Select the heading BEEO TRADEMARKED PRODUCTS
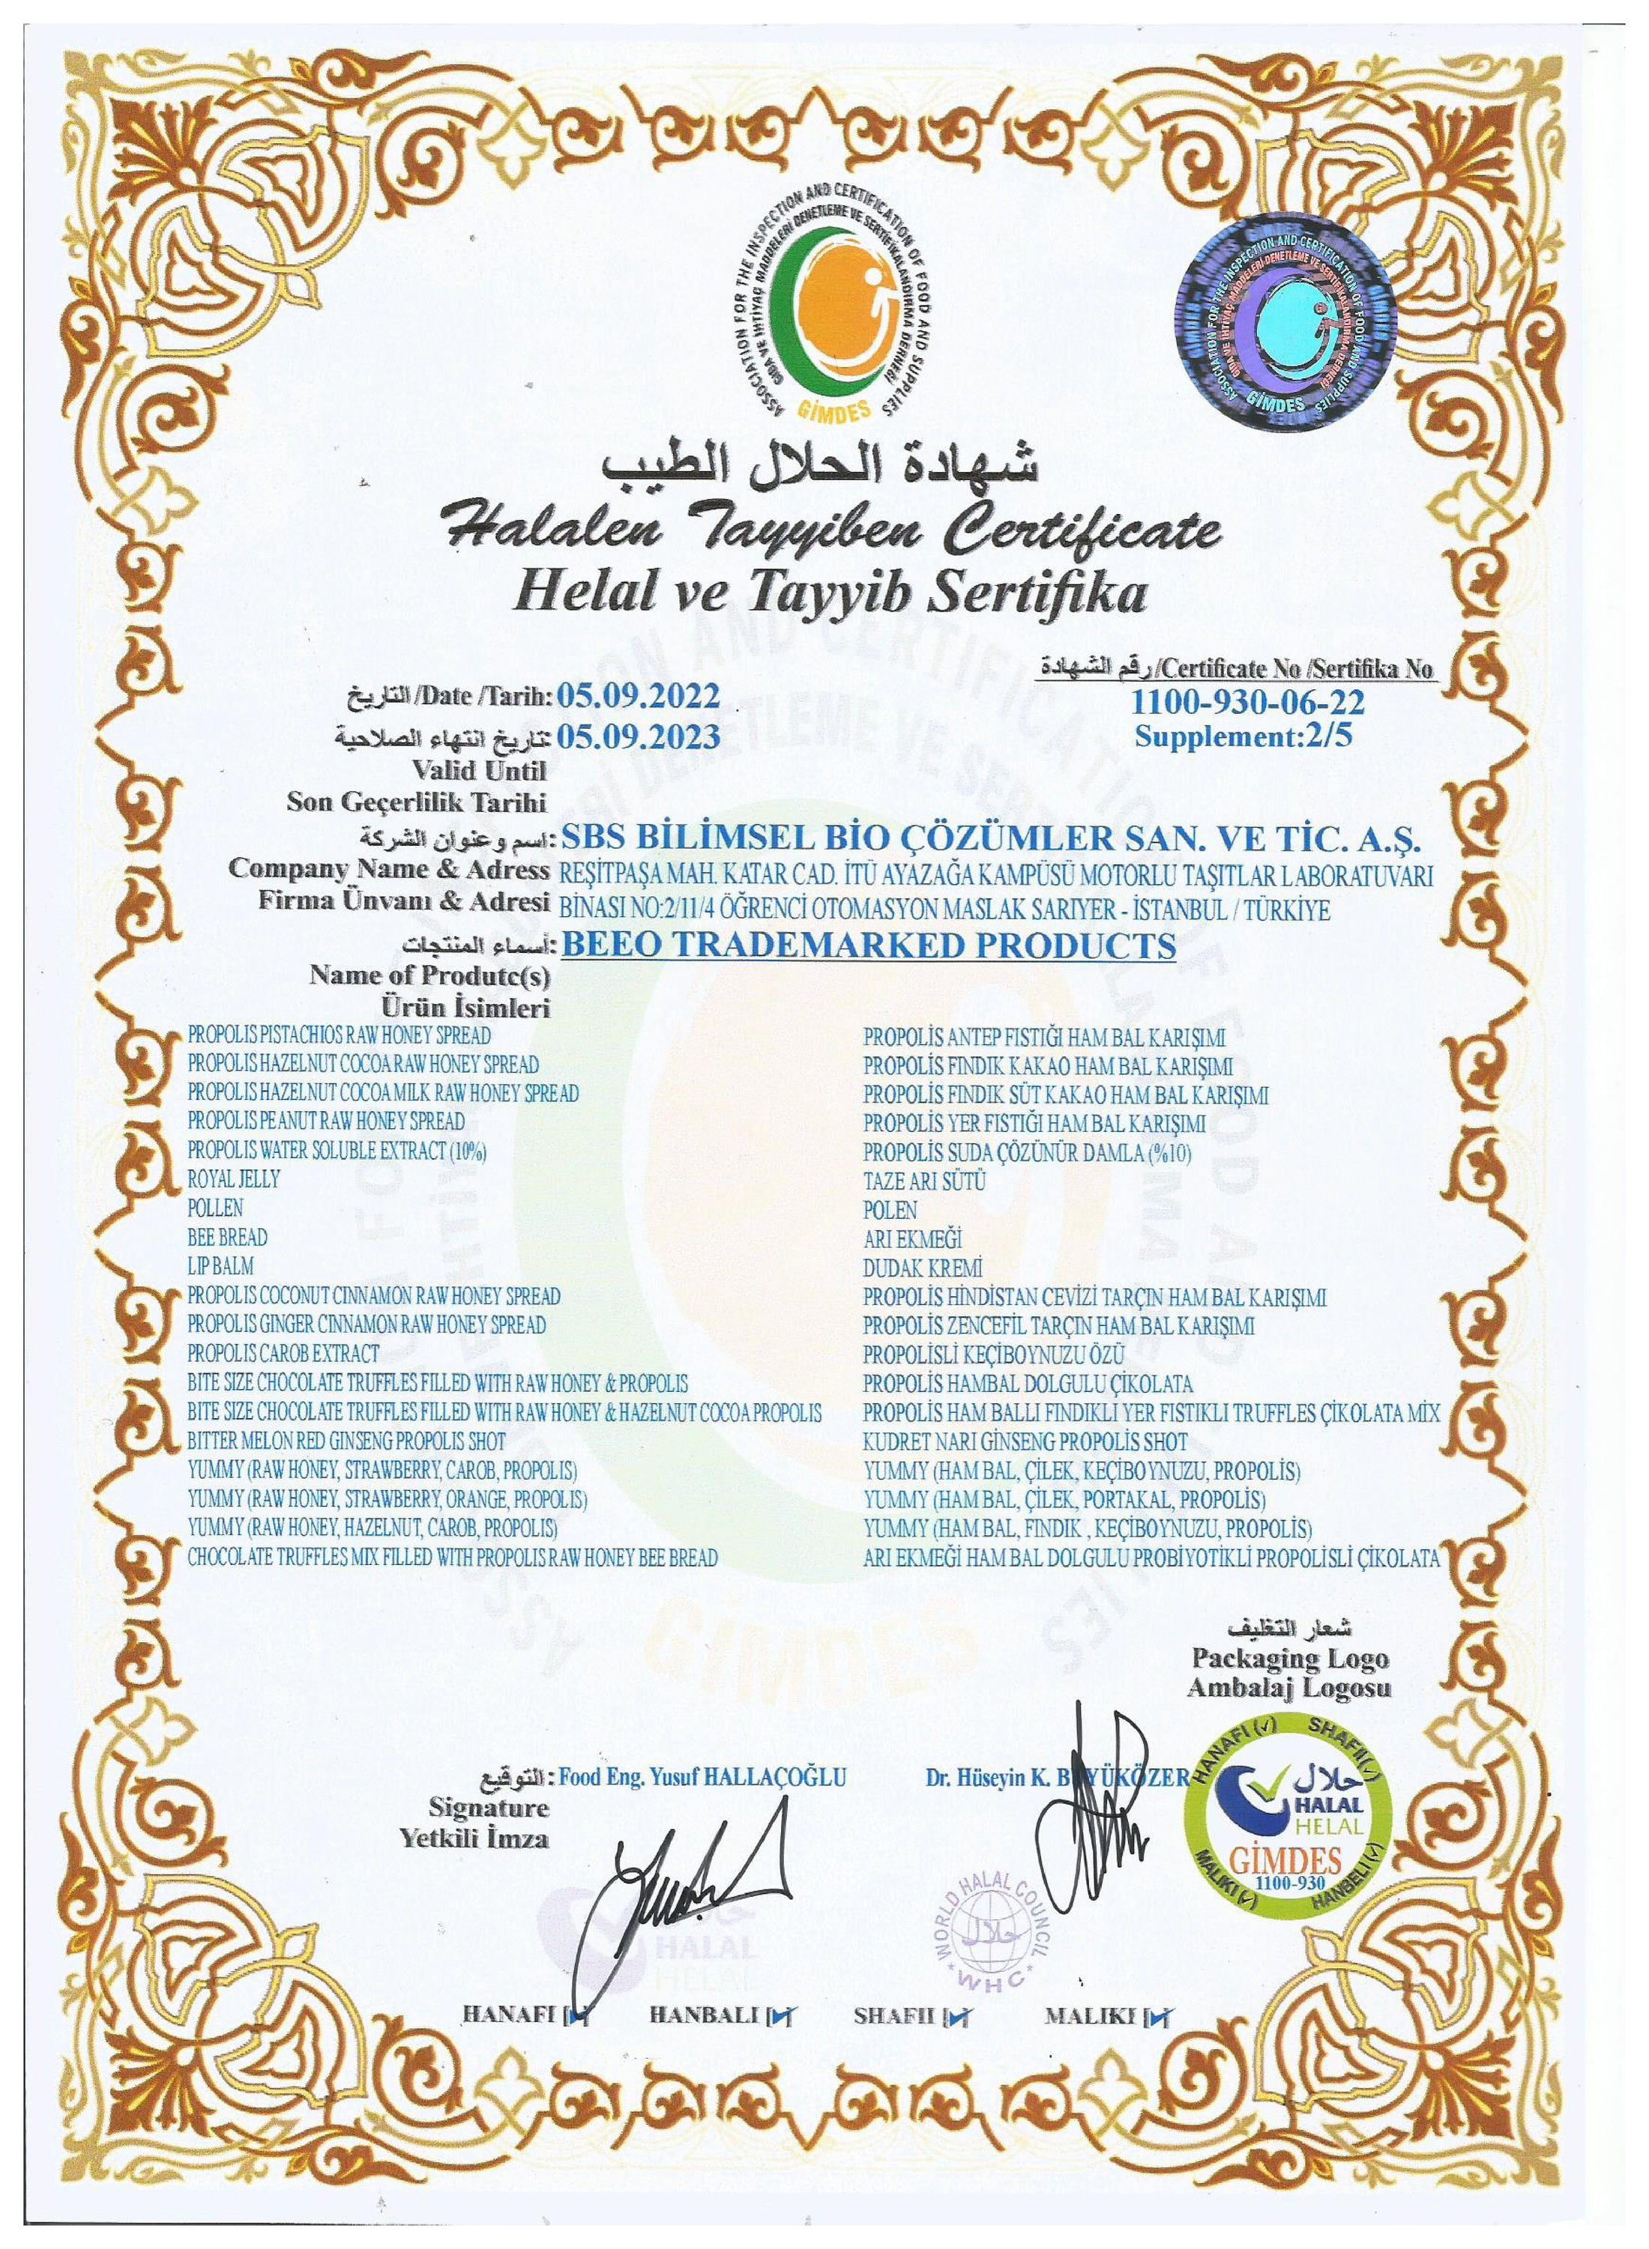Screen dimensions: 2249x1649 point(869,945)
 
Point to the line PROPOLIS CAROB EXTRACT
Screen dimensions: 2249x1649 point(283,1354)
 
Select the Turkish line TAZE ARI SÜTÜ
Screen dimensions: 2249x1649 point(926,1181)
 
